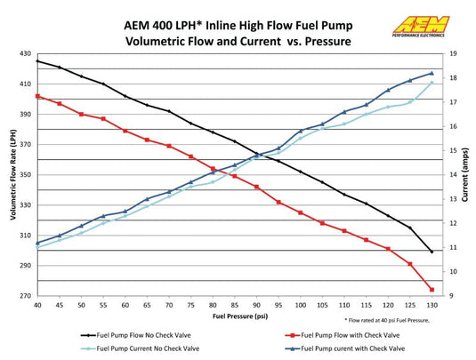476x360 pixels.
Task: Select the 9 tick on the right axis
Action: [453, 296]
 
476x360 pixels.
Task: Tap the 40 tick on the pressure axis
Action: [37, 305]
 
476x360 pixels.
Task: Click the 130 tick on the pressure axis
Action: [432, 305]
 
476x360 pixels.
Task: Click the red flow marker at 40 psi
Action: [37, 96]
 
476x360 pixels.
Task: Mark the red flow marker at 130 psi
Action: [432, 290]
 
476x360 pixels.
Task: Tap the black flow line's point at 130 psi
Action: [432, 252]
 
